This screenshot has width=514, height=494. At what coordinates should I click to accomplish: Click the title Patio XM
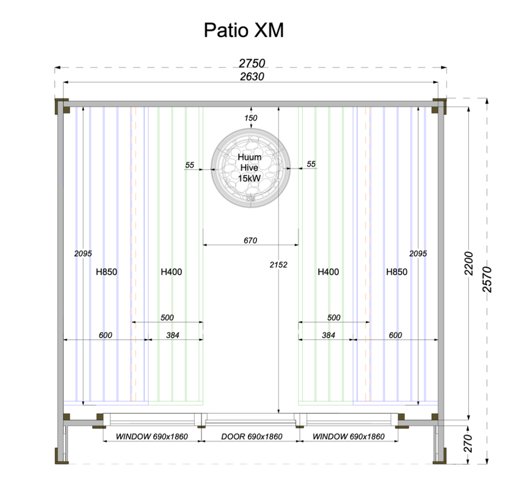tap(244, 30)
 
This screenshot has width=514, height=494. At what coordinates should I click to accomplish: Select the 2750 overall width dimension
tap(252, 63)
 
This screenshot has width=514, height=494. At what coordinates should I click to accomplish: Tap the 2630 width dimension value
tap(252, 77)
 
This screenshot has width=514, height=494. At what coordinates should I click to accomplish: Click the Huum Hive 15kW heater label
tap(249, 168)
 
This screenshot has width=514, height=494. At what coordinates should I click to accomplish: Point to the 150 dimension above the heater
tap(250, 118)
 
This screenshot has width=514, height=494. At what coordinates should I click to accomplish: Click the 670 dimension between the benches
tap(250, 240)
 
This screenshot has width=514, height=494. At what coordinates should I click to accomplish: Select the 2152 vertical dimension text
tap(278, 265)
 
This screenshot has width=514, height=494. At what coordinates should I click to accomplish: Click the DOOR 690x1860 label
tap(252, 436)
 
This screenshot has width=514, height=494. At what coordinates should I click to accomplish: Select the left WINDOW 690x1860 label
tap(151, 436)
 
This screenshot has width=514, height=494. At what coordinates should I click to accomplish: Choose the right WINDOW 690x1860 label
tap(348, 436)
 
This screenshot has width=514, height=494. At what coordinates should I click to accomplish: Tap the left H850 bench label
tap(107, 272)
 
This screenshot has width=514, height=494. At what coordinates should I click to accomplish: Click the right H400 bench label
tap(328, 272)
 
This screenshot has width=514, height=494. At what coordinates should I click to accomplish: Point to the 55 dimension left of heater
tap(190, 165)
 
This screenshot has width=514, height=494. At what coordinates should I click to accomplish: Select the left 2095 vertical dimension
tap(83, 253)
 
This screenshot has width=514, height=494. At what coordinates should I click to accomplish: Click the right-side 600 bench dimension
tap(395, 335)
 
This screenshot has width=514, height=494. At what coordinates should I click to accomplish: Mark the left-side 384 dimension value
tap(173, 335)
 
